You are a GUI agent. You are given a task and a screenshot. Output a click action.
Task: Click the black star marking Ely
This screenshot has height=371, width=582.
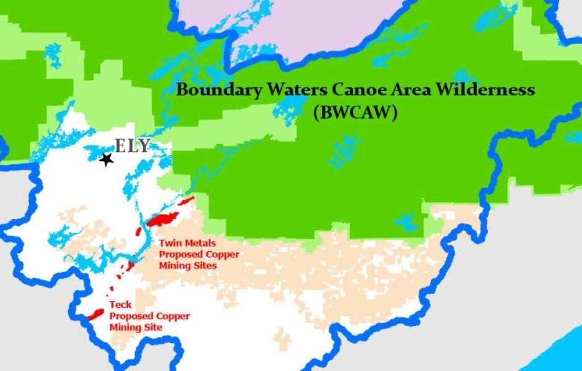pyautogui.click(x=106, y=160)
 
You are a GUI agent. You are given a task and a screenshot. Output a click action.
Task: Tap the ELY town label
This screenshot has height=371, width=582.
pyautogui.click(x=132, y=147)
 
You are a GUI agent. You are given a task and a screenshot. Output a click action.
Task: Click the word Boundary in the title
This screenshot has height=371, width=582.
pyautogui.click(x=211, y=90)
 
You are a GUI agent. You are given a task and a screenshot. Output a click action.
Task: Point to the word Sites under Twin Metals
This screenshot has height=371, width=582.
pyautogui.click(x=204, y=266)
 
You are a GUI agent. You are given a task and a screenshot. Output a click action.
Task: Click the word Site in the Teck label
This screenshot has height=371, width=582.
pyautogui.click(x=153, y=327)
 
